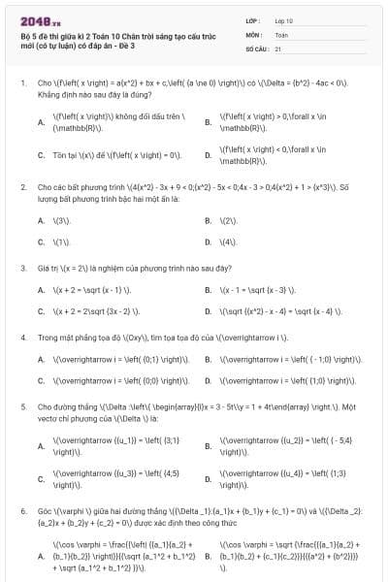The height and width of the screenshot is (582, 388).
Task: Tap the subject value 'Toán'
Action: [281, 33]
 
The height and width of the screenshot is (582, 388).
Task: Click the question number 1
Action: [22, 83]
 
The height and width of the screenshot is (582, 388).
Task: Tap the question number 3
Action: [22, 267]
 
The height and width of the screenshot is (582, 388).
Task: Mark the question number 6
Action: [22, 510]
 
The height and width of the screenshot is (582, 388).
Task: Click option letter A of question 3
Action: [41, 290]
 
